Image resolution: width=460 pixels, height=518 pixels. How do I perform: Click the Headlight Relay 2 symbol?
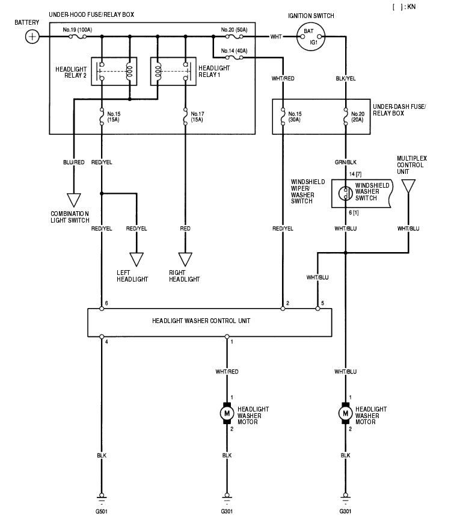[114, 72]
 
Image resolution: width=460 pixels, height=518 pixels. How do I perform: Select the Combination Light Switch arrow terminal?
[73, 199]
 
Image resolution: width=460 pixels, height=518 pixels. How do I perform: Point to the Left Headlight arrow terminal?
[137, 259]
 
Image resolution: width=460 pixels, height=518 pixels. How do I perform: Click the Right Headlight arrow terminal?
[185, 259]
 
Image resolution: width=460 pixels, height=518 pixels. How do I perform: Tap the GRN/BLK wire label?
[345, 162]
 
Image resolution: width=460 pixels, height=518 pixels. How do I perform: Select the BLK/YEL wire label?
[345, 78]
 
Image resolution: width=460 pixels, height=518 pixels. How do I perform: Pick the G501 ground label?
[102, 512]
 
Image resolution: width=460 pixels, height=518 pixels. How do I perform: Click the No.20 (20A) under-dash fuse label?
[358, 116]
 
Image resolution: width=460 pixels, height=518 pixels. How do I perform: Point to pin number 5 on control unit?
[323, 303]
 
